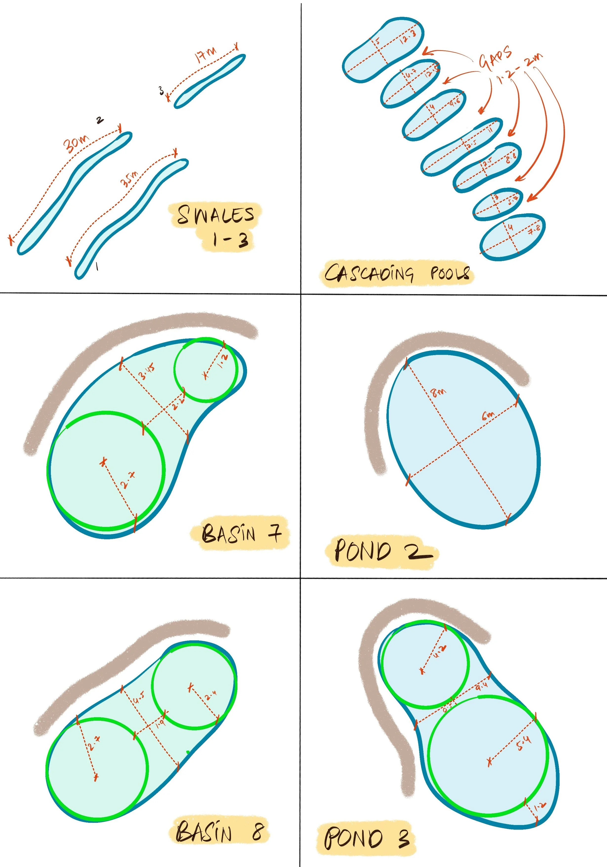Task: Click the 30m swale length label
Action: click(76, 144)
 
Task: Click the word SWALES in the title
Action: click(215, 215)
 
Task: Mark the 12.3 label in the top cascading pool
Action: click(408, 36)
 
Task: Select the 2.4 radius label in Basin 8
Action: click(210, 694)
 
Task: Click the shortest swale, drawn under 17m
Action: click(209, 81)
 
